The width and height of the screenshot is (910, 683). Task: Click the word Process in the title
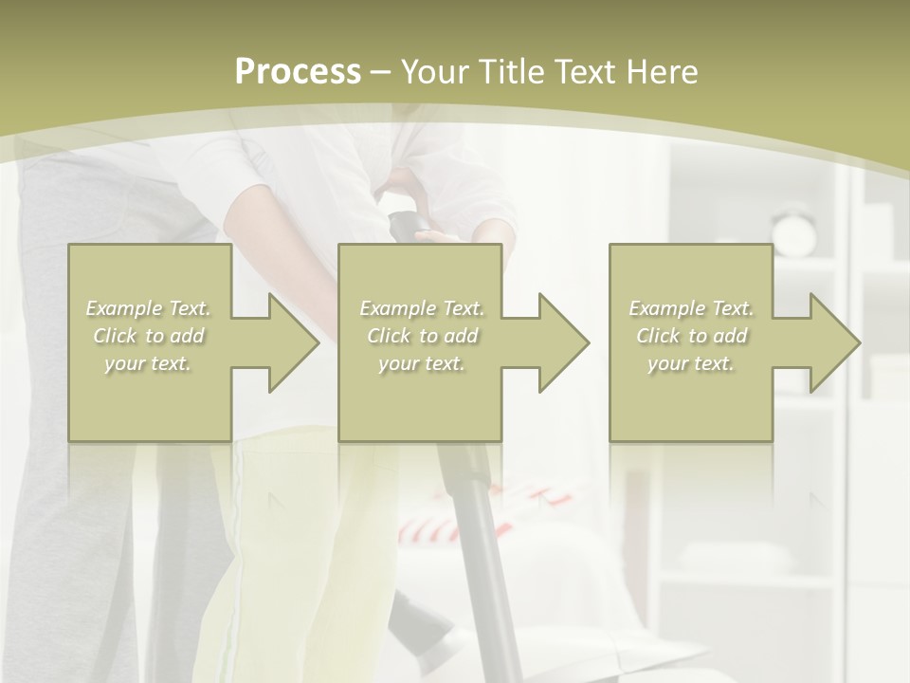298,72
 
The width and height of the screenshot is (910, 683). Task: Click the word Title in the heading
514,72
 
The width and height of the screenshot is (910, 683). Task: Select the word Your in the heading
435,72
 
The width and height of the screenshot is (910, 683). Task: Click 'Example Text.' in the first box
148,308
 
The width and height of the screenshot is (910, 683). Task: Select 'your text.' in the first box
148,363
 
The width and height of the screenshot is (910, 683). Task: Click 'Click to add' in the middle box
422,336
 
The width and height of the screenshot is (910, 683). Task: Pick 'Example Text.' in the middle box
422,308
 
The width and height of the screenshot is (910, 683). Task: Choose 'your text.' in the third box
691,363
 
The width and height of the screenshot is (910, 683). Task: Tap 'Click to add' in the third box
691,336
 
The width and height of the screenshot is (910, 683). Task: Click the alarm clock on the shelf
793,231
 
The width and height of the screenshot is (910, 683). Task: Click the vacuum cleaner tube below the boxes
479,531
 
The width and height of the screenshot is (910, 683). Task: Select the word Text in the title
585,72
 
